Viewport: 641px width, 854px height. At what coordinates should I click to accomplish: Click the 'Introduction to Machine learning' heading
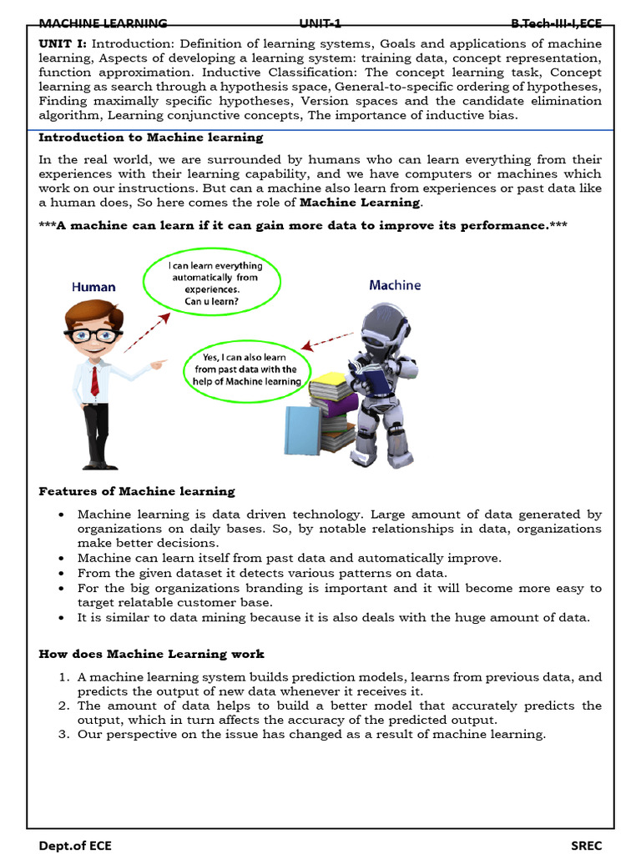[x=151, y=138]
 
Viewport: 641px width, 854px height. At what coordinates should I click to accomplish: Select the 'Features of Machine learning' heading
[x=137, y=491]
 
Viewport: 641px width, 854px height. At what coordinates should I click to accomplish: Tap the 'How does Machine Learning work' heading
[x=152, y=654]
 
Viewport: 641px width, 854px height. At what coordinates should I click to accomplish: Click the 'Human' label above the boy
[x=93, y=287]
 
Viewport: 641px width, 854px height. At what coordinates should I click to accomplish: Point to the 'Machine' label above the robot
[x=395, y=285]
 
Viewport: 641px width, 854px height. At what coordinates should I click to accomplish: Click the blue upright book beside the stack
[x=301, y=430]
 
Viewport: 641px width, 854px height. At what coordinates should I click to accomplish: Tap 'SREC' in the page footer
[x=586, y=845]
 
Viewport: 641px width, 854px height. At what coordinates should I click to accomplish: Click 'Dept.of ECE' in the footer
[x=75, y=845]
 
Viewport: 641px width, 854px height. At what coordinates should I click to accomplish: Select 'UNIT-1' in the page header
[x=320, y=23]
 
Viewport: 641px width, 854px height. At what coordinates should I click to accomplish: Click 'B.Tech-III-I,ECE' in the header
[x=556, y=23]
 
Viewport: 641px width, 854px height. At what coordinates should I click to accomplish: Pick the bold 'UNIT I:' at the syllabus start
[x=63, y=43]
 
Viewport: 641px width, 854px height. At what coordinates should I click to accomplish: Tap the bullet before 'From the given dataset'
[x=63, y=574]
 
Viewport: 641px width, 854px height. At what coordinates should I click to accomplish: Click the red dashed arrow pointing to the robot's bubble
[x=327, y=342]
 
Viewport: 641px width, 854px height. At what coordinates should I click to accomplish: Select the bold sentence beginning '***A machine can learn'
[x=303, y=226]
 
